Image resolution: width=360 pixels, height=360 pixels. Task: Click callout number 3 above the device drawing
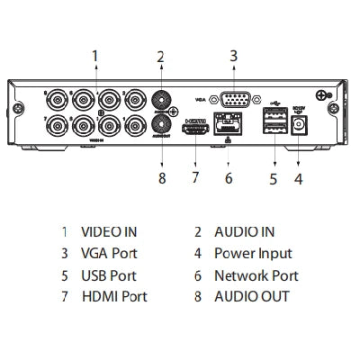click(x=232, y=56)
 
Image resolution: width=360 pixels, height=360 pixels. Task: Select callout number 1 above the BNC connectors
click(x=94, y=56)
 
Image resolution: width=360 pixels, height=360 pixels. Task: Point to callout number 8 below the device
click(x=161, y=177)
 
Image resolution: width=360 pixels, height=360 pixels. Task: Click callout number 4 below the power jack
click(x=298, y=177)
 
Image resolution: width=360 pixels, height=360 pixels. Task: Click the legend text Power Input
click(x=252, y=254)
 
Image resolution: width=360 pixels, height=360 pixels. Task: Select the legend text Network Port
click(x=256, y=275)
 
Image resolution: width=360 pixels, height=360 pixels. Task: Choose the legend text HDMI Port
click(x=113, y=297)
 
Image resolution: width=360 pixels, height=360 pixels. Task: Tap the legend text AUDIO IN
click(x=244, y=232)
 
